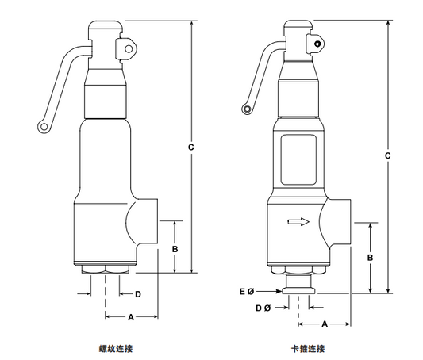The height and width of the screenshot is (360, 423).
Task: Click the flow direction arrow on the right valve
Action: click(x=298, y=222)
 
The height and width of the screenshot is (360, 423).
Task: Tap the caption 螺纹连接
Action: click(x=116, y=349)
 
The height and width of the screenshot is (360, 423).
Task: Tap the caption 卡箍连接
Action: click(x=308, y=349)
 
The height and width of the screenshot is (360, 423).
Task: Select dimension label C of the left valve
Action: click(x=191, y=147)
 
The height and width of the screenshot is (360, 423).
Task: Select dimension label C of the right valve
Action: click(x=387, y=155)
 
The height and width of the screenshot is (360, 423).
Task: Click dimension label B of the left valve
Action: click(x=175, y=249)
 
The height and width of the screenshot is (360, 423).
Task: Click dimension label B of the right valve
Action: click(x=370, y=258)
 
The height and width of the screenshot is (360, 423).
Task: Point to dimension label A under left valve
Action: click(x=131, y=317)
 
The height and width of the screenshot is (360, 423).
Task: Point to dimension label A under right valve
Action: click(x=325, y=324)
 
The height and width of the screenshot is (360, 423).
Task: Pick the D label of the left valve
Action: click(x=138, y=294)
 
